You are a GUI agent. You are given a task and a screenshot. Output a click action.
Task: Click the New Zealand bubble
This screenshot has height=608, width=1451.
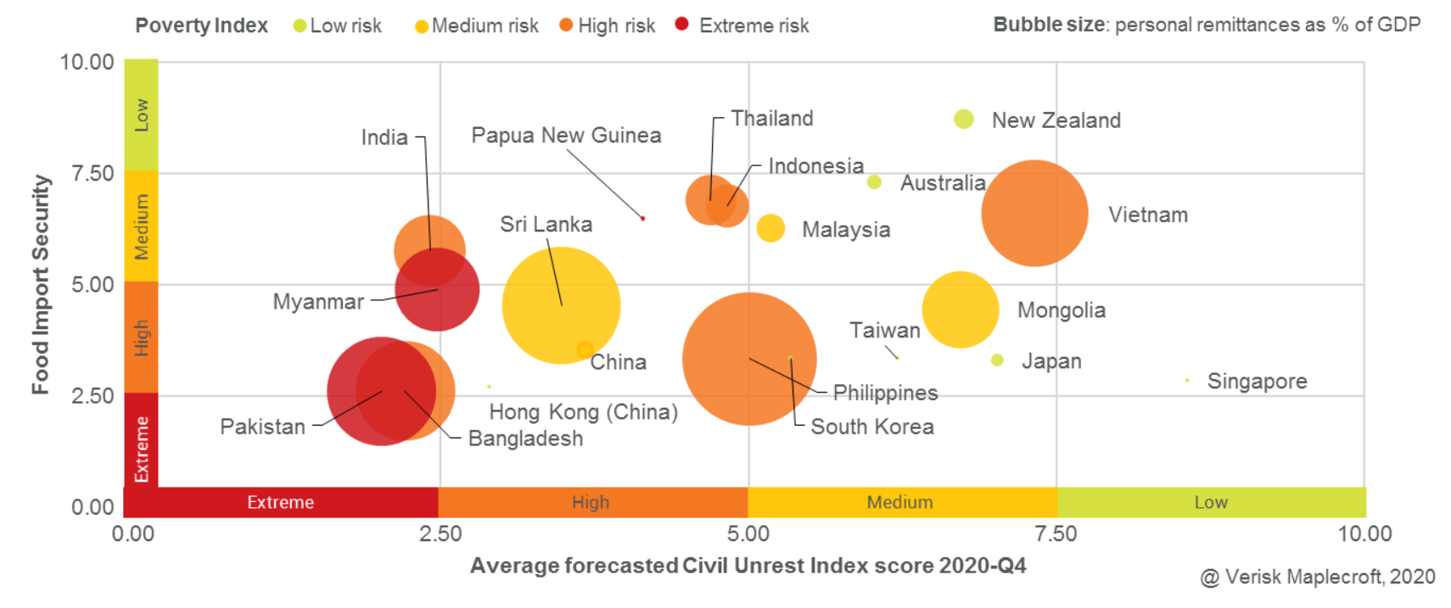(x=963, y=119)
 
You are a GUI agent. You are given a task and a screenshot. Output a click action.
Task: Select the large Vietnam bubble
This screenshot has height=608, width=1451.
(x=1034, y=213)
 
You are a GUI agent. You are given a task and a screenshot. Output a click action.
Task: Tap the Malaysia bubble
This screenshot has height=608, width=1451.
(x=770, y=228)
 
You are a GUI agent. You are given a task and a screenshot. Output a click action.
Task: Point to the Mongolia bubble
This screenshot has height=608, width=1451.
(x=960, y=310)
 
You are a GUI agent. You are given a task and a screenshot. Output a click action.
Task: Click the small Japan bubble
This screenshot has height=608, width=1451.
(x=997, y=360)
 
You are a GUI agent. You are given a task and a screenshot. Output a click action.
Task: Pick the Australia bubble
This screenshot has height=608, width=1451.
(x=874, y=181)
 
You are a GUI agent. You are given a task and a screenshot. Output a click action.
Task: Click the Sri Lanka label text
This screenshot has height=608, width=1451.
(x=546, y=225)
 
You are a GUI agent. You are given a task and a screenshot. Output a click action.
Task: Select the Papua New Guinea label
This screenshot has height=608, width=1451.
(x=566, y=136)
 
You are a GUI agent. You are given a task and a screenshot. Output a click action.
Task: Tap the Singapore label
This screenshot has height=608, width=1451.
(x=1257, y=382)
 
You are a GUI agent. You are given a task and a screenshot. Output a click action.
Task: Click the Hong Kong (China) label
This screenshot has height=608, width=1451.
(x=583, y=412)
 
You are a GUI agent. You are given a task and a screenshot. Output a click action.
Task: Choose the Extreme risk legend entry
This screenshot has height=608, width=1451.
(x=753, y=26)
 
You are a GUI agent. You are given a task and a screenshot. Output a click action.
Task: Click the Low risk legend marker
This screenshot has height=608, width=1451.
(x=300, y=26)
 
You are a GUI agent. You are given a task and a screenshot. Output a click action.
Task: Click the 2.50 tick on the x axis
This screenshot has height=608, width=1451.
(x=440, y=534)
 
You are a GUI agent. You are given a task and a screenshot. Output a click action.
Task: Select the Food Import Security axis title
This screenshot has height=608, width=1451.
(x=41, y=284)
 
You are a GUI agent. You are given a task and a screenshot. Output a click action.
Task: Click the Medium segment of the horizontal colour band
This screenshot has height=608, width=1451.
(x=900, y=502)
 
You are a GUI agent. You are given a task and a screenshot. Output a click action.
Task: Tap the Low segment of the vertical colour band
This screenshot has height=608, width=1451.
(x=141, y=114)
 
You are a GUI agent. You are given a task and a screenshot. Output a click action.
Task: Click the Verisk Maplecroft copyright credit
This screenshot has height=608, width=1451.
(x=1317, y=577)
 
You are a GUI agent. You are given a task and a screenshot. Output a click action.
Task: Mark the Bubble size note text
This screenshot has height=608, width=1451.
(x=1206, y=25)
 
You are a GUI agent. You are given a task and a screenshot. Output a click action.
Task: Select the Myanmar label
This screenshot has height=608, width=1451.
(x=318, y=302)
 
